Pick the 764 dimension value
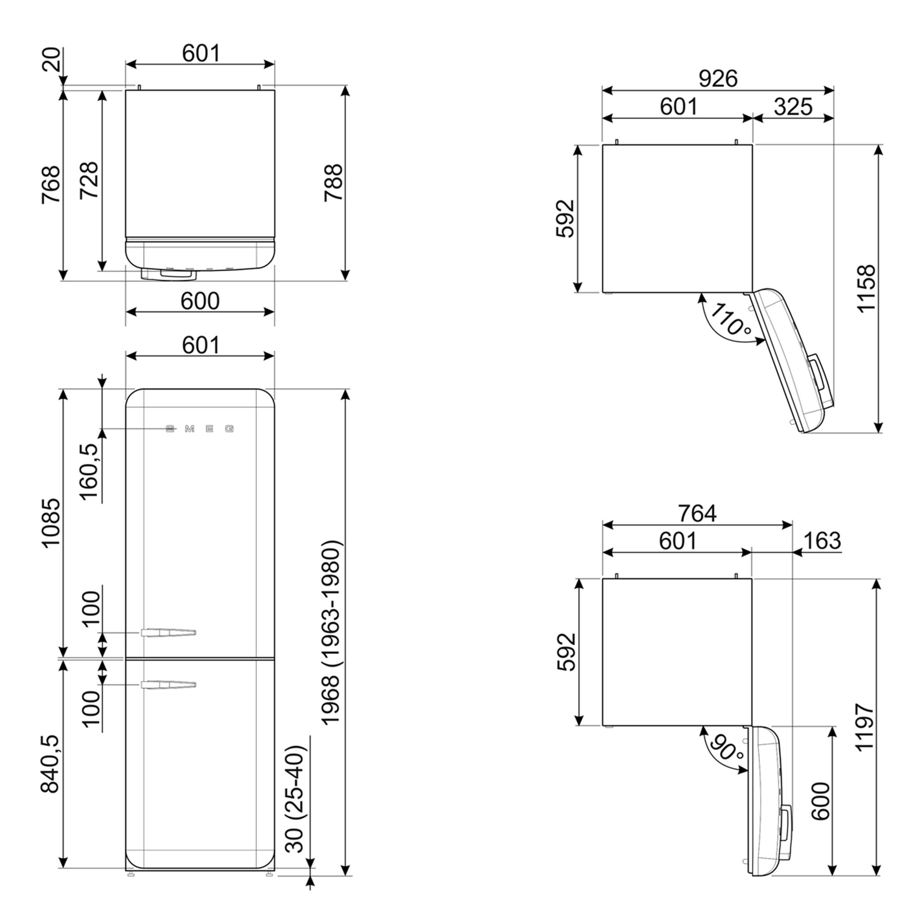coord(697,514)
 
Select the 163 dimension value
coord(822,541)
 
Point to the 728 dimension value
coord(89,180)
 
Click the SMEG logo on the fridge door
coord(200,429)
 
